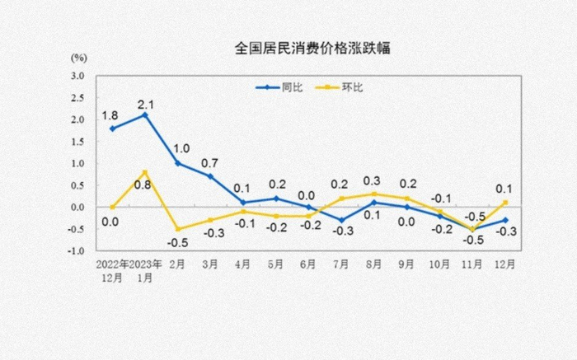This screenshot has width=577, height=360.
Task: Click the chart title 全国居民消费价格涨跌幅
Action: [301, 48]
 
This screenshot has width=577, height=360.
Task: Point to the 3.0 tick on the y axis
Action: [77, 76]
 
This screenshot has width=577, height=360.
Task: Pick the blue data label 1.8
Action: [110, 115]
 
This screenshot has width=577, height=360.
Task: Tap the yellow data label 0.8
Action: [143, 185]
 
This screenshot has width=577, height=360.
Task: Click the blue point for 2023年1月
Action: [146, 115]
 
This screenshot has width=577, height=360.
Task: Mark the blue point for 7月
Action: [340, 220]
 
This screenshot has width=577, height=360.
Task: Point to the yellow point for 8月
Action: [373, 194]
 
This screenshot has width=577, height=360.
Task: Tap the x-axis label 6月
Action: [309, 265]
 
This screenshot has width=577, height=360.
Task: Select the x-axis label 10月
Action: [439, 265]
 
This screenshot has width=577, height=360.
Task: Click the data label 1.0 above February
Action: [182, 149]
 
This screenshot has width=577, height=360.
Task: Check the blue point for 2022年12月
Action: [113, 129]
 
